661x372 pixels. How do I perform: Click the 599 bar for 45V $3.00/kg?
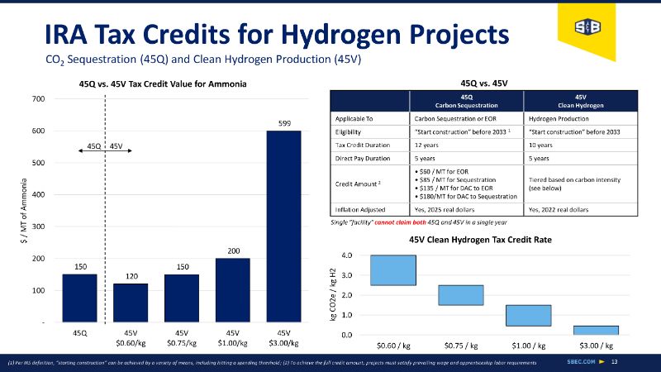tap(283, 226)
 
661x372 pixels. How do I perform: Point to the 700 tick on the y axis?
tap(38, 99)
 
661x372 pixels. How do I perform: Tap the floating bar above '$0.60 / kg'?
tap(392, 270)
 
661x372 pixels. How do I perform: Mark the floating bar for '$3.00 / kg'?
tap(596, 330)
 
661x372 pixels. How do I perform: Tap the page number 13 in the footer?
tap(638, 361)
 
